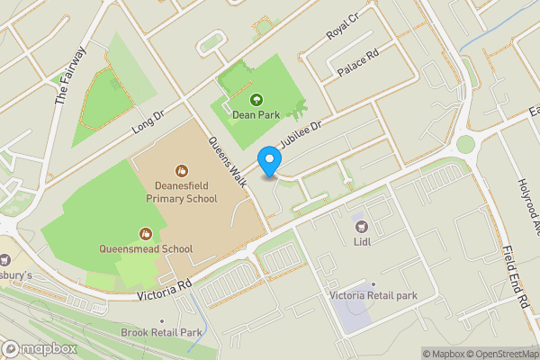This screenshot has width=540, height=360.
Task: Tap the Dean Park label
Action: coord(256,113)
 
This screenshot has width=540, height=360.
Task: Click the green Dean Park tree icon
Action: coord(256,99)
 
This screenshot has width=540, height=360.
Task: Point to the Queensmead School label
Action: coord(146,248)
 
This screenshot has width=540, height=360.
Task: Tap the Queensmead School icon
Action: coord(146,233)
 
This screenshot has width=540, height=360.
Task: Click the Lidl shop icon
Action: coord(362,226)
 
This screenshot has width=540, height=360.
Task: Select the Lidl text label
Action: coord(363,241)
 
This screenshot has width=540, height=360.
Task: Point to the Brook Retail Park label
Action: coord(162,332)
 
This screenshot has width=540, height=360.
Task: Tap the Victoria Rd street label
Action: coord(166,289)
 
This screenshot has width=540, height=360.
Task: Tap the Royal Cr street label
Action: coord(342,32)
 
